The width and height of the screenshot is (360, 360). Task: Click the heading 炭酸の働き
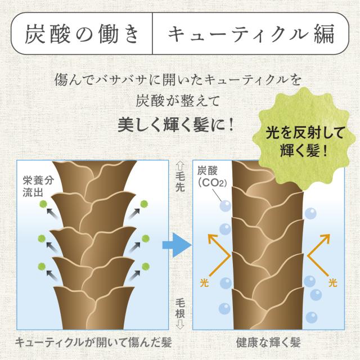click(x=83, y=35)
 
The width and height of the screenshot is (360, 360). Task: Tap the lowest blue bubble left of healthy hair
click(x=224, y=309)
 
